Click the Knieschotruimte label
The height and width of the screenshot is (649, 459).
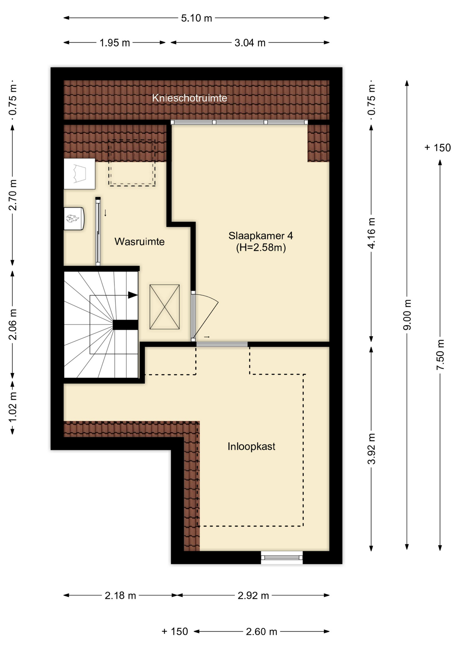(189, 98)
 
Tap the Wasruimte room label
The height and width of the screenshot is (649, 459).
(139, 241)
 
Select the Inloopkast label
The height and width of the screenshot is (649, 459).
(251, 447)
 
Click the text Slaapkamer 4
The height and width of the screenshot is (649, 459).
(261, 236)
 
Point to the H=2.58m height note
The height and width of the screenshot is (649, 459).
(261, 248)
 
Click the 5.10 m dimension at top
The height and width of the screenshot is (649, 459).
(196, 18)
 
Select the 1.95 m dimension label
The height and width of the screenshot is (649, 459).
(115, 43)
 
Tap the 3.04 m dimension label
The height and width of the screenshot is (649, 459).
(250, 43)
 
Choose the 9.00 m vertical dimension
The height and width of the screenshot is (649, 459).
(407, 314)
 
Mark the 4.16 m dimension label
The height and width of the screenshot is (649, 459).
(371, 233)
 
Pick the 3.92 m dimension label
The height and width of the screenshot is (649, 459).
(371, 449)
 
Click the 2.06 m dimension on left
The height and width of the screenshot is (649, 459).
(13, 324)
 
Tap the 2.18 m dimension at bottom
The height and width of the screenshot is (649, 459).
(120, 595)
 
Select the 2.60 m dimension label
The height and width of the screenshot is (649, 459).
(261, 631)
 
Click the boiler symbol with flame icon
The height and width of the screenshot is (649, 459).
(74, 219)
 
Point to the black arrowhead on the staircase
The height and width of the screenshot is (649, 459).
(133, 295)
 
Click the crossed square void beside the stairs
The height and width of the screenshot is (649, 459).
(165, 307)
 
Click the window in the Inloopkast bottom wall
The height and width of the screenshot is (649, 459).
(282, 557)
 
